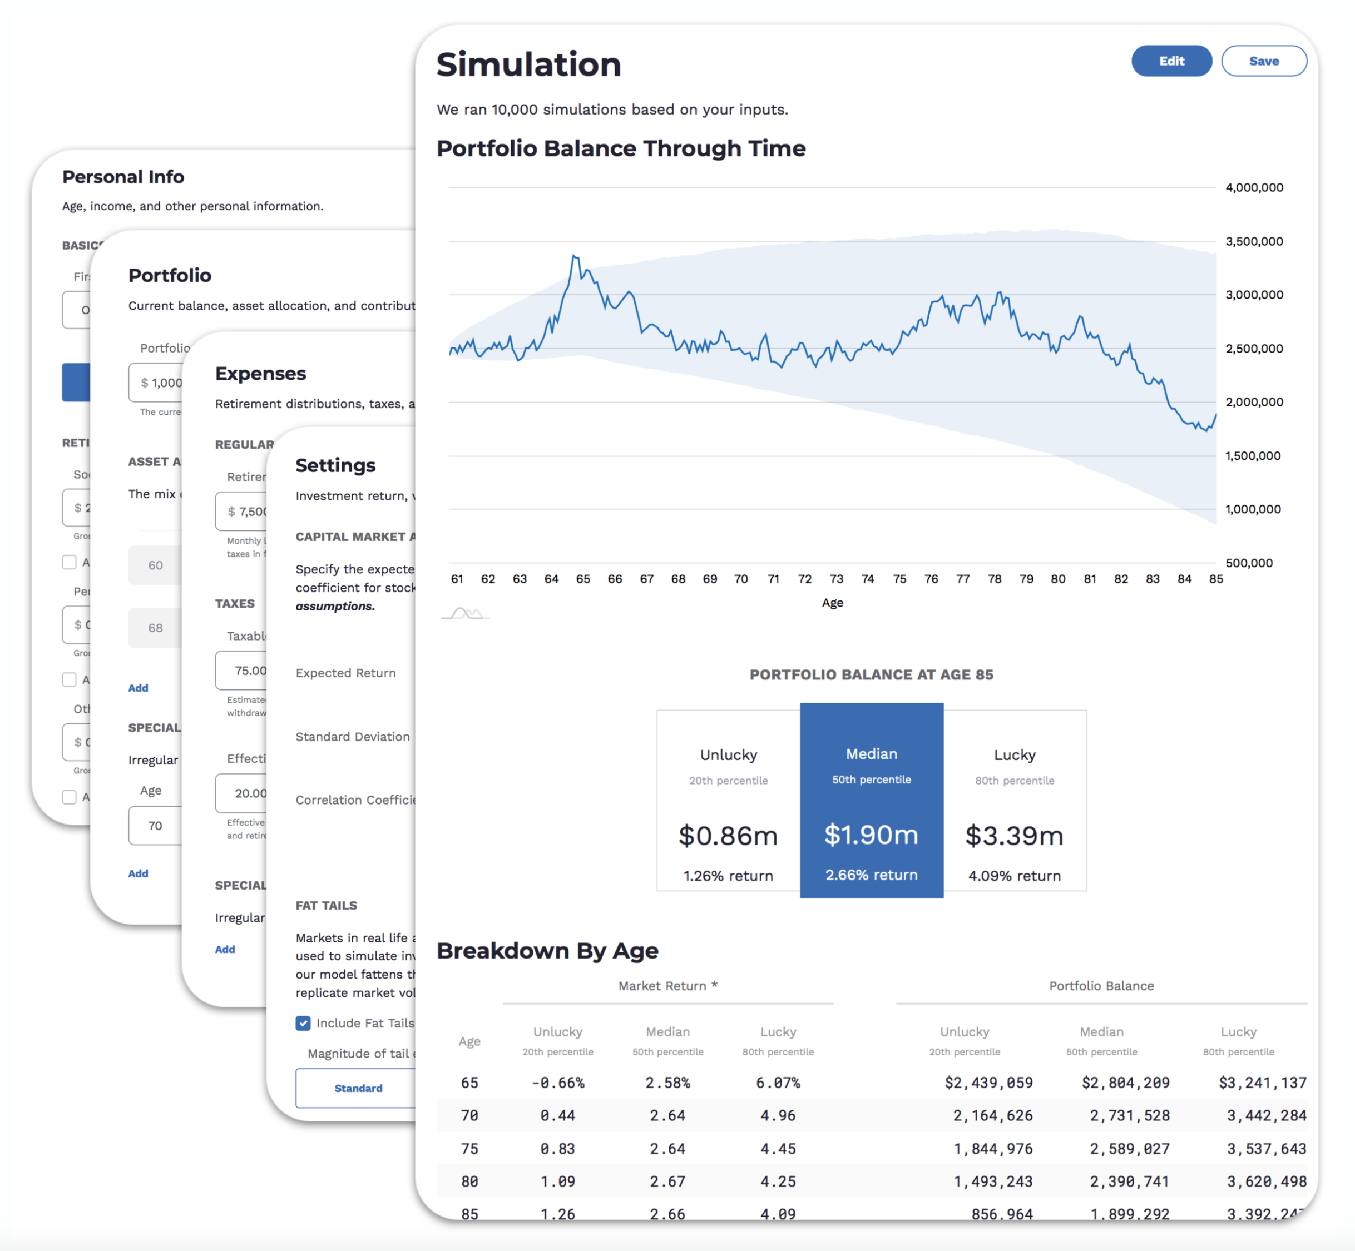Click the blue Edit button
[1171, 61]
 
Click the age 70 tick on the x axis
[741, 579]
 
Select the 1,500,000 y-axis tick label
[1252, 455]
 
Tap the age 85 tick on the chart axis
[1215, 579]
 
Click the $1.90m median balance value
[871, 835]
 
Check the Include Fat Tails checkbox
[303, 1023]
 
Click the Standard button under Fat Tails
[358, 1088]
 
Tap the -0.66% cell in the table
[557, 1083]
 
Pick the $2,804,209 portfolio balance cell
[1125, 1083]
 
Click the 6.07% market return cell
[778, 1083]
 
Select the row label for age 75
[469, 1149]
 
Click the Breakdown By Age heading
[547, 950]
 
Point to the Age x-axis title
[832, 603]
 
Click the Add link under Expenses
[225, 949]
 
